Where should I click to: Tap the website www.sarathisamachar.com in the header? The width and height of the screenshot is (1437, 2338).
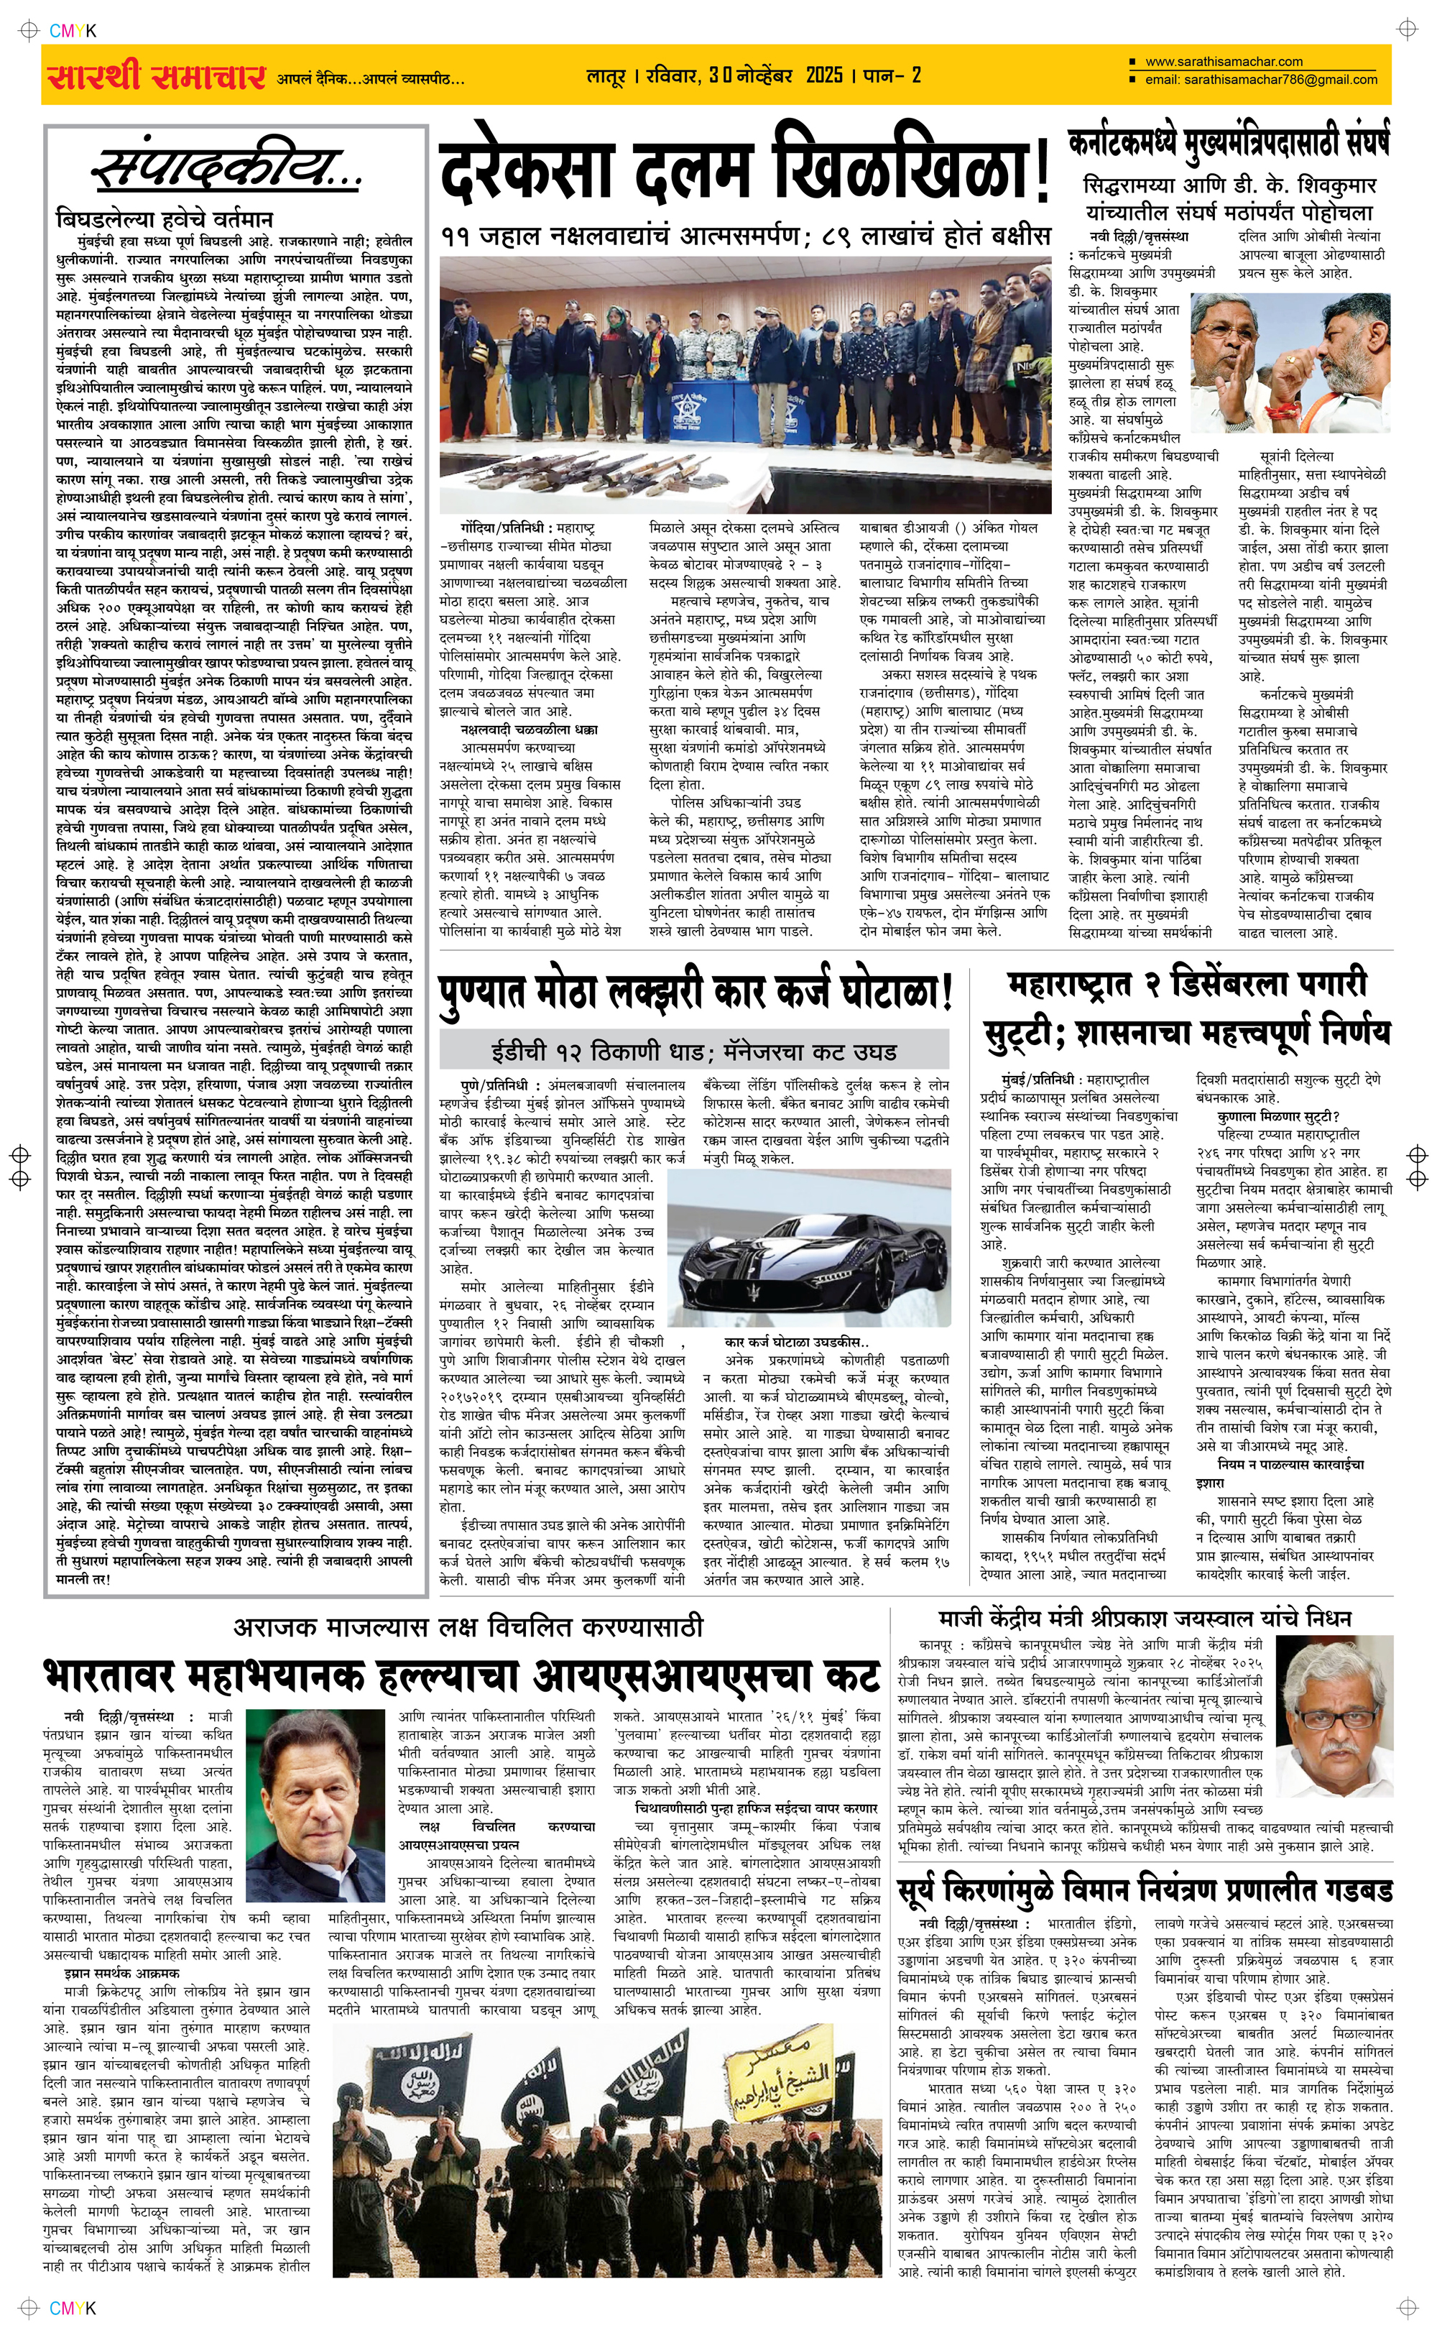coord(1223,62)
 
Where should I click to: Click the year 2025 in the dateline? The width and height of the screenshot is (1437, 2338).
coord(824,75)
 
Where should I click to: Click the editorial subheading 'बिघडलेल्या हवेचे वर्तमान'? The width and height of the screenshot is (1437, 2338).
coord(164,218)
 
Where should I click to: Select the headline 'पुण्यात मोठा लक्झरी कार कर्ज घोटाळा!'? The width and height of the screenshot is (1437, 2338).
coord(695,995)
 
